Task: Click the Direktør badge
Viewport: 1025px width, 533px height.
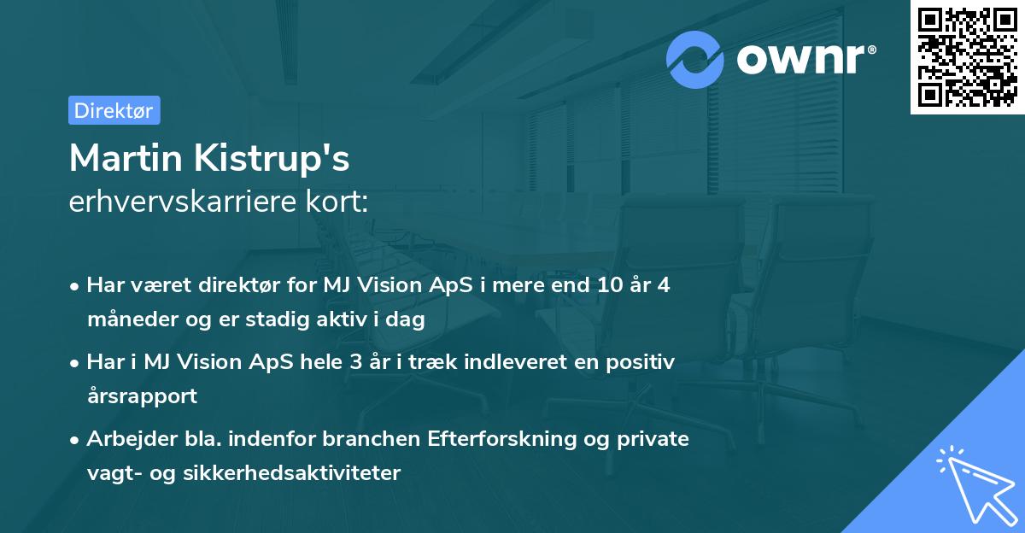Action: tap(114, 110)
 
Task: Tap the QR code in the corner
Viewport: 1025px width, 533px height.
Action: tap(968, 57)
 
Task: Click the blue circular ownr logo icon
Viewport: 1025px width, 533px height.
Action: tap(695, 60)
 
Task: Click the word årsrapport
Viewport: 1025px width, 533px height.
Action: tap(142, 396)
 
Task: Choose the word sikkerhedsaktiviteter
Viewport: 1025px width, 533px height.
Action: tap(291, 473)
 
